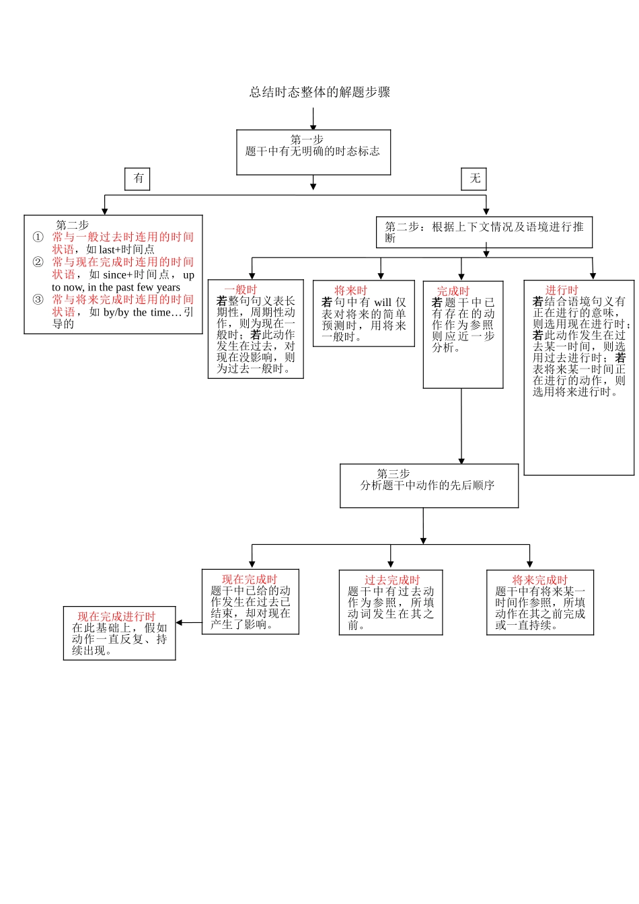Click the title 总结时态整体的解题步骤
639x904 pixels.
coord(319,92)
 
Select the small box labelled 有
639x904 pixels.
coord(138,178)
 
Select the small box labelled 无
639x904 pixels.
coord(474,178)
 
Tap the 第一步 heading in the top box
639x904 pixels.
coord(307,140)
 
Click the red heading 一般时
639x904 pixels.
coord(241,290)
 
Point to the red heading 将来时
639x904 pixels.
coord(350,291)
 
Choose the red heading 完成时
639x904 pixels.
coord(453,291)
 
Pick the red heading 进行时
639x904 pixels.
coord(562,291)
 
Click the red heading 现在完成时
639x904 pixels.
coord(250,579)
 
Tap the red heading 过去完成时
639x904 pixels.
coord(392,580)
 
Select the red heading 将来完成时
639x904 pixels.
coord(539,580)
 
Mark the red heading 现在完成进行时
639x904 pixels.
coord(116,617)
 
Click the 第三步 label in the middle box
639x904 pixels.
coord(393,474)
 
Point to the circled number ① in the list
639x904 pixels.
coord(38,237)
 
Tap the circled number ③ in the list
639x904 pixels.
coord(38,299)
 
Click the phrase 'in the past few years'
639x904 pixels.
coord(134,287)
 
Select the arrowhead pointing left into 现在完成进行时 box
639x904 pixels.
coord(179,623)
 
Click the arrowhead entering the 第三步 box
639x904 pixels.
coord(461,461)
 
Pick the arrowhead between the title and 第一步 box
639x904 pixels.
coord(313,127)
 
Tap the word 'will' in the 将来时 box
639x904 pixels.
coord(383,303)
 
